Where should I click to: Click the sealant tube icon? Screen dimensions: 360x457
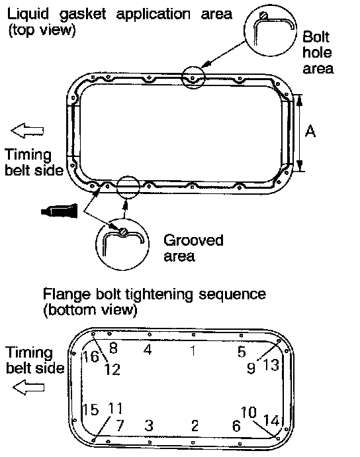60,211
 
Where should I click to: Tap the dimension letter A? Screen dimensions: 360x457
310,131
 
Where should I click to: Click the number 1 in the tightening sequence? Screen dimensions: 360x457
193,350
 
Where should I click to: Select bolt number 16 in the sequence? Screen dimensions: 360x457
91,356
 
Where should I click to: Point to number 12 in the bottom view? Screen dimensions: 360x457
112,370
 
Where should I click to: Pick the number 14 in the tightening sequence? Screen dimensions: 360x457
271,421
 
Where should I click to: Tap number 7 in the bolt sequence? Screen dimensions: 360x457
120,425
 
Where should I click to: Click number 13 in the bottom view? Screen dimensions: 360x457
271,365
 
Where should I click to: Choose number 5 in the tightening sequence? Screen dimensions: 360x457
242,352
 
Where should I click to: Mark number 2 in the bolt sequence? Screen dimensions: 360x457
195,425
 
